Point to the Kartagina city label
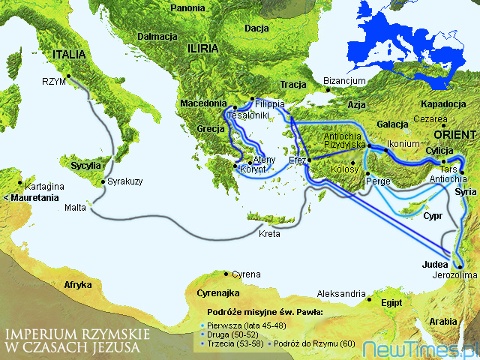tap(43, 185)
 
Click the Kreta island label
tap(269, 234)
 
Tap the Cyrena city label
tap(247, 274)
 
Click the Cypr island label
tap(432, 215)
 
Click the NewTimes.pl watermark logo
tap(420, 349)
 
